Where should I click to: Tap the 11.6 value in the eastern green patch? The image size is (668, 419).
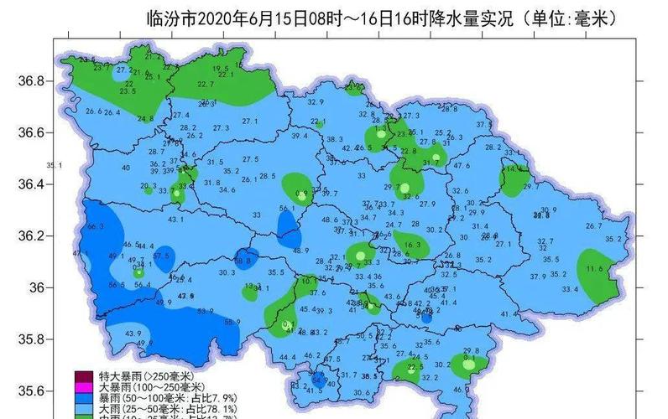595,268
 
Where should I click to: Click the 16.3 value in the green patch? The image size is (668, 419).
412,245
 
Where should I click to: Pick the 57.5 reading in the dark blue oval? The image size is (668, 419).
161,256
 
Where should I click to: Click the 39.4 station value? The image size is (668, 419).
300,136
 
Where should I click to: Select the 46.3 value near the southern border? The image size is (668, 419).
462,389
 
